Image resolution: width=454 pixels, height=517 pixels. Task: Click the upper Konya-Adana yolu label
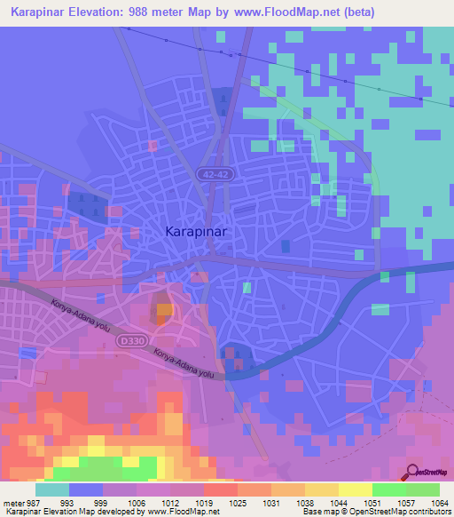click(74, 314)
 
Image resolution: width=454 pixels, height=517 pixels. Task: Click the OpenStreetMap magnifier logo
click(413, 472)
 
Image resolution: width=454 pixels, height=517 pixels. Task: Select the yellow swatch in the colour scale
click(356, 489)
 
